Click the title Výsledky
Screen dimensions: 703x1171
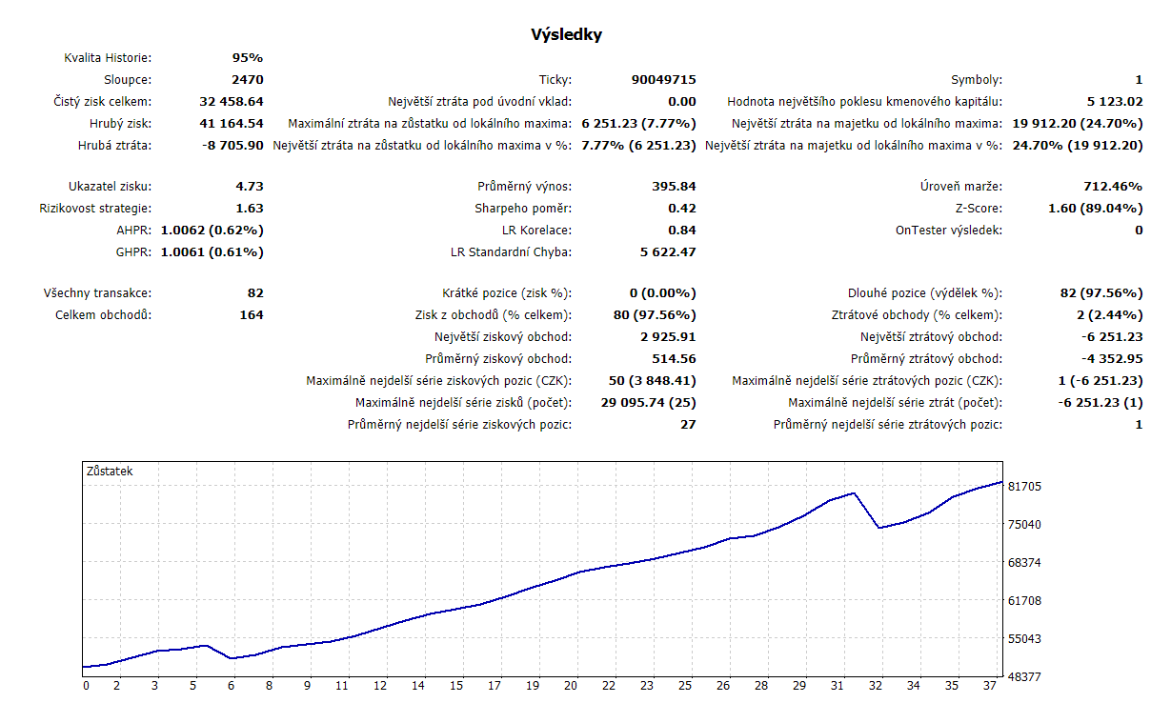pyautogui.click(x=566, y=35)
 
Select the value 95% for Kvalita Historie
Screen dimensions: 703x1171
pyautogui.click(x=247, y=58)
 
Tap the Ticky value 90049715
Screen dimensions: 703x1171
pyautogui.click(x=663, y=80)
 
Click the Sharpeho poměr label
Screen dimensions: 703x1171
pyautogui.click(x=523, y=209)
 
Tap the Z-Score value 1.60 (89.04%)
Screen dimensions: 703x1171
pyautogui.click(x=1094, y=209)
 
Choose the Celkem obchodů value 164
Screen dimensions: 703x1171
pyautogui.click(x=252, y=315)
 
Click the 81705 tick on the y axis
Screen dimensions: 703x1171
pyautogui.click(x=1024, y=487)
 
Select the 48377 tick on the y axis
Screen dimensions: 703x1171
pyautogui.click(x=1024, y=676)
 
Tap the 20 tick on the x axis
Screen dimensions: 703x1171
pyautogui.click(x=571, y=686)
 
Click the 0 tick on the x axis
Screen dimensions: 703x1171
pyautogui.click(x=86, y=686)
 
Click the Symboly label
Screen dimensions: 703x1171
pyautogui.click(x=977, y=80)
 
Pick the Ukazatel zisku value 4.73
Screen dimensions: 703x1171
pyautogui.click(x=249, y=187)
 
